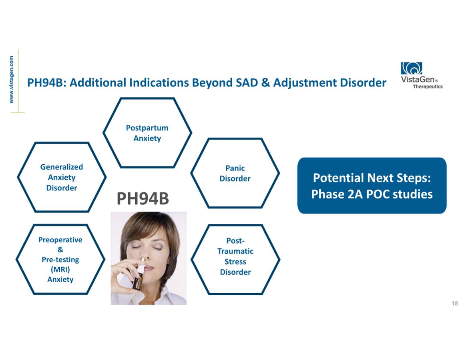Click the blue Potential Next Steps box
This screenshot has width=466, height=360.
point(372,186)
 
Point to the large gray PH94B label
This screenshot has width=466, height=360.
point(143,198)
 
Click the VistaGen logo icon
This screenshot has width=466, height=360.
point(412,68)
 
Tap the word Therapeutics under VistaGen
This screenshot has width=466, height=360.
point(428,86)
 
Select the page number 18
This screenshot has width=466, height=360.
point(454,303)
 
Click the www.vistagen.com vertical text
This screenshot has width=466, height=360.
point(11,80)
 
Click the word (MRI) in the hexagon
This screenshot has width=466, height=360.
point(60,270)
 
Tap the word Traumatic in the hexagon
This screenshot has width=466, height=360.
point(235,251)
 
